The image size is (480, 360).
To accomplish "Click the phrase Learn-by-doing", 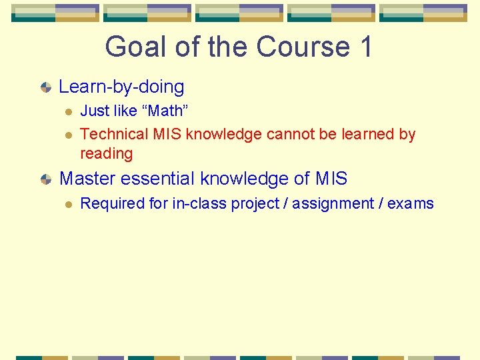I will (x=121, y=87).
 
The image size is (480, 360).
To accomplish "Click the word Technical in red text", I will (x=114, y=134).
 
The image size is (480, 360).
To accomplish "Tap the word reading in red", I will (x=106, y=153).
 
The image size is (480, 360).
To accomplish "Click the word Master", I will (x=87, y=179).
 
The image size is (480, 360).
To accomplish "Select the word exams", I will (x=411, y=203).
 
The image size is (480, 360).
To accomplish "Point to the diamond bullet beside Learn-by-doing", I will (x=45, y=87).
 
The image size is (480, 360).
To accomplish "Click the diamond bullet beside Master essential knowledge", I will (x=45, y=179).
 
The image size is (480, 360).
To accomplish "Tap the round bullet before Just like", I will (x=67, y=111).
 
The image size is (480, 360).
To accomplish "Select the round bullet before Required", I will (x=67, y=204).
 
